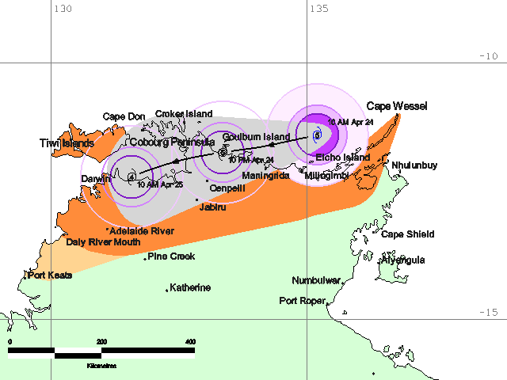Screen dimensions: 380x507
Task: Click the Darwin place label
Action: pos(95,180)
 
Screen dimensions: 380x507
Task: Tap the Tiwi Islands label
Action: pos(67,143)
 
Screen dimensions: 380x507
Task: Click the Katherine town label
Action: pos(190,287)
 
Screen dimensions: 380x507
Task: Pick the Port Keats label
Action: pos(51,275)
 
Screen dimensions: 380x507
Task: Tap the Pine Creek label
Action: pos(171,256)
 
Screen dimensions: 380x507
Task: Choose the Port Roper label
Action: pos(303,301)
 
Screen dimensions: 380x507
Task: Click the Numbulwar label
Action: pos(316,281)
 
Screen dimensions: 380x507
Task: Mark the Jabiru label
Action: pos(212,207)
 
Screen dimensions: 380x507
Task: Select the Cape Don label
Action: pos(124,117)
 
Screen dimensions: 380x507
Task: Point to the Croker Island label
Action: pos(183,114)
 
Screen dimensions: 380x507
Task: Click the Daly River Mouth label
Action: pos(103,242)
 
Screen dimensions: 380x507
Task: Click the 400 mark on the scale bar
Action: pos(190,341)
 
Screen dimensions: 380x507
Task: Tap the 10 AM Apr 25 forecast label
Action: pos(160,184)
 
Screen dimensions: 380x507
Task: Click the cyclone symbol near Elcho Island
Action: pos(316,135)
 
